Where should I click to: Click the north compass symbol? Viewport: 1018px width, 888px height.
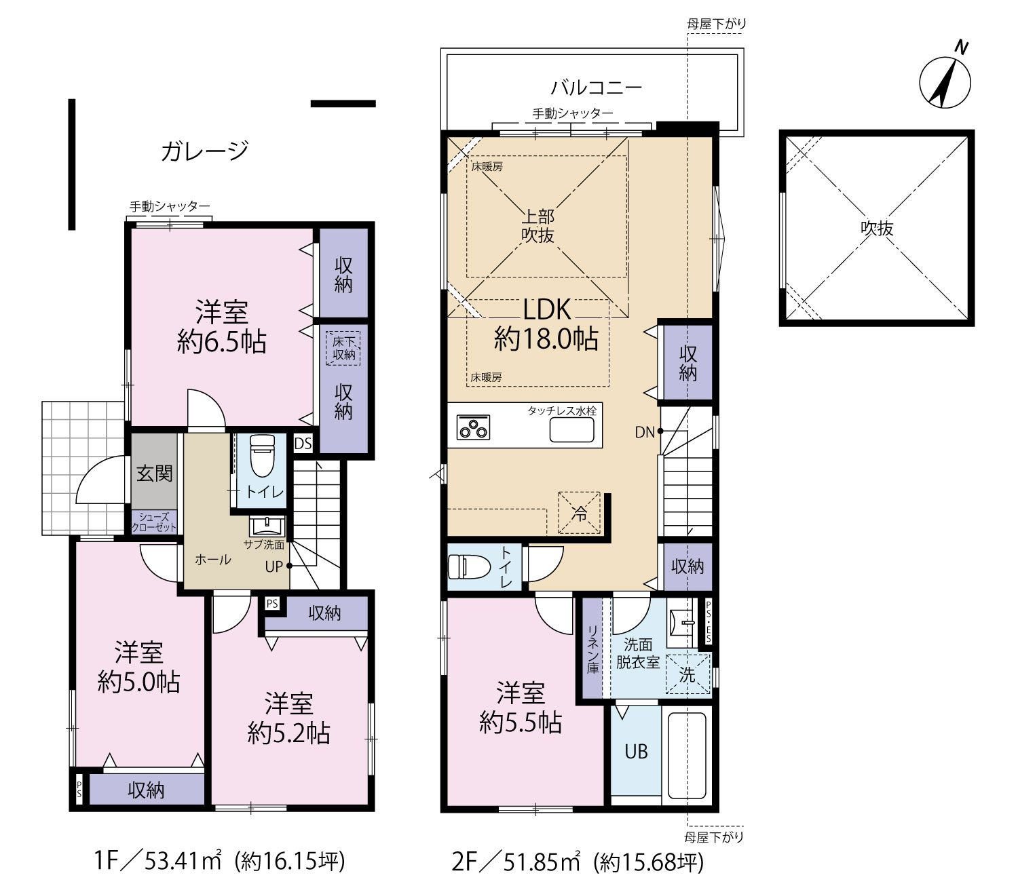click(x=944, y=82)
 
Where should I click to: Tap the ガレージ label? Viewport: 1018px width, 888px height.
click(x=204, y=151)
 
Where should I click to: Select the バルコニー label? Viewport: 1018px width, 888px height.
click(x=596, y=88)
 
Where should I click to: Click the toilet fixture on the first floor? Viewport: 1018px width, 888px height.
click(x=262, y=455)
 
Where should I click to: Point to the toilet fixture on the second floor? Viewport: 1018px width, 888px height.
click(x=469, y=567)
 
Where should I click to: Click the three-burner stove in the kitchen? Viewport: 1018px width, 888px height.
click(x=473, y=427)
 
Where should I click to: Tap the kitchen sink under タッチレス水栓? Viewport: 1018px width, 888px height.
click(x=571, y=429)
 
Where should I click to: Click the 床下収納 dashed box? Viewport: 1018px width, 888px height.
click(x=343, y=348)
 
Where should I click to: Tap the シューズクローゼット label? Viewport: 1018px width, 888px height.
click(x=154, y=522)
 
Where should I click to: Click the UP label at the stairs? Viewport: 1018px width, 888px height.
click(x=274, y=566)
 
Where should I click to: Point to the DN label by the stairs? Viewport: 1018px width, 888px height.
click(x=645, y=433)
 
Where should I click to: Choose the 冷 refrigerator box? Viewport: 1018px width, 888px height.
click(x=579, y=513)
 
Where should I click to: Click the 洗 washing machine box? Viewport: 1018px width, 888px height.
click(x=688, y=675)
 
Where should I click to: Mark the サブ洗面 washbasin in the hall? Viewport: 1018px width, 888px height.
click(x=267, y=526)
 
